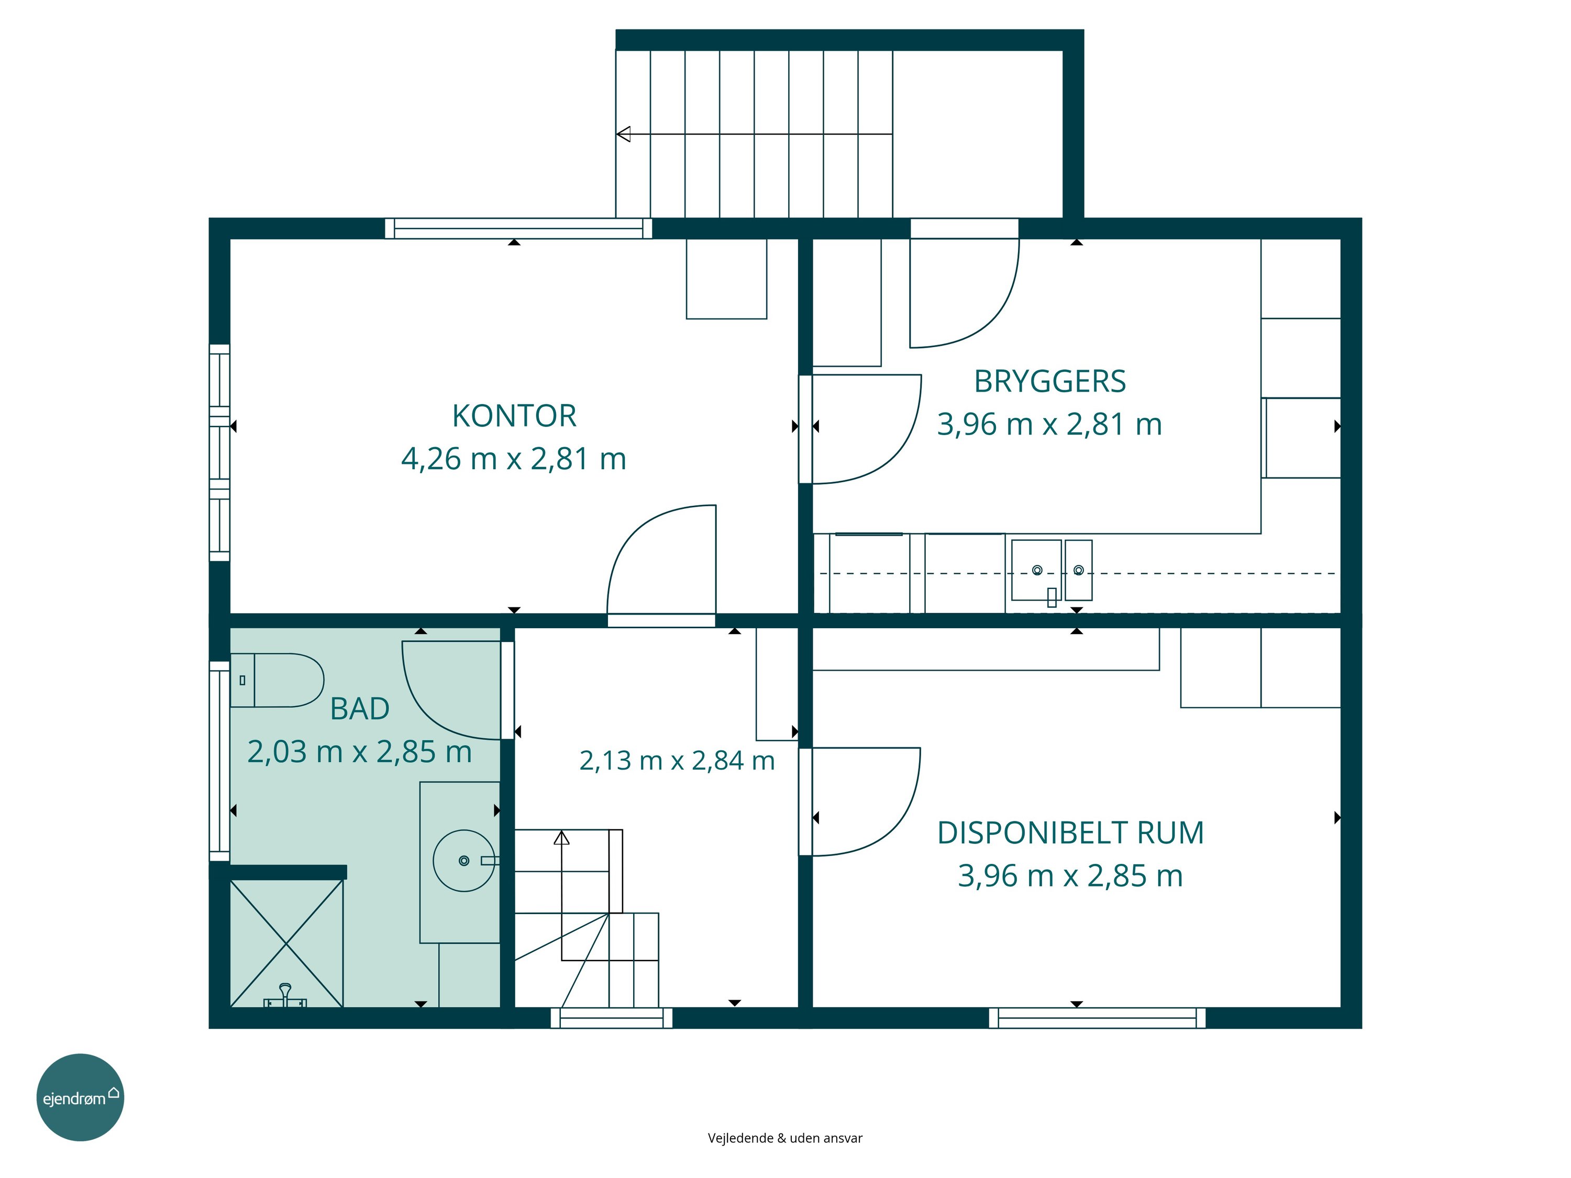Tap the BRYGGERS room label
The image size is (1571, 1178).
coord(1050,381)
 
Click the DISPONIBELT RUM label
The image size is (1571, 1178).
coord(1070,833)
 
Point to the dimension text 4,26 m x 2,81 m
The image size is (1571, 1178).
coord(514,459)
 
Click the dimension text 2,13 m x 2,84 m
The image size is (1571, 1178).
coord(677,761)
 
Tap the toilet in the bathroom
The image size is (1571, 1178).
coord(277,680)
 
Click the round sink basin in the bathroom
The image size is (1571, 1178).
coord(464,861)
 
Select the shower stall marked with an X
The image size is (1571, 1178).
coord(287,943)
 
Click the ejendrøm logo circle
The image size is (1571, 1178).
coord(80,1097)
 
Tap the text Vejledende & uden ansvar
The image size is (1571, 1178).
coord(785,1138)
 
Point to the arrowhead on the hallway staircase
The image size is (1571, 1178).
coord(562,837)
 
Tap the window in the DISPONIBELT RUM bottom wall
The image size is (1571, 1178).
coord(1097,1017)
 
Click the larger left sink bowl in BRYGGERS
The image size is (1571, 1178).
coord(1036,570)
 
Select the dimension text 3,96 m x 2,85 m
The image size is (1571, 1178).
coord(1070,875)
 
